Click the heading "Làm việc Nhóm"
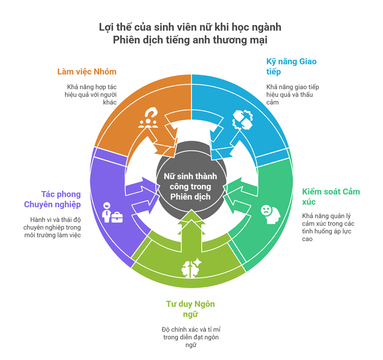tap(87, 72)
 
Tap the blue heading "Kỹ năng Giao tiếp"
tap(291, 66)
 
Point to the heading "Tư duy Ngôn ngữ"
tap(191, 309)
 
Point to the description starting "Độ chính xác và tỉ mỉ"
tap(191, 337)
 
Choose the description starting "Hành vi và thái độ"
tap(52, 227)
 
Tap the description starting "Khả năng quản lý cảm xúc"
tap(328, 227)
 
